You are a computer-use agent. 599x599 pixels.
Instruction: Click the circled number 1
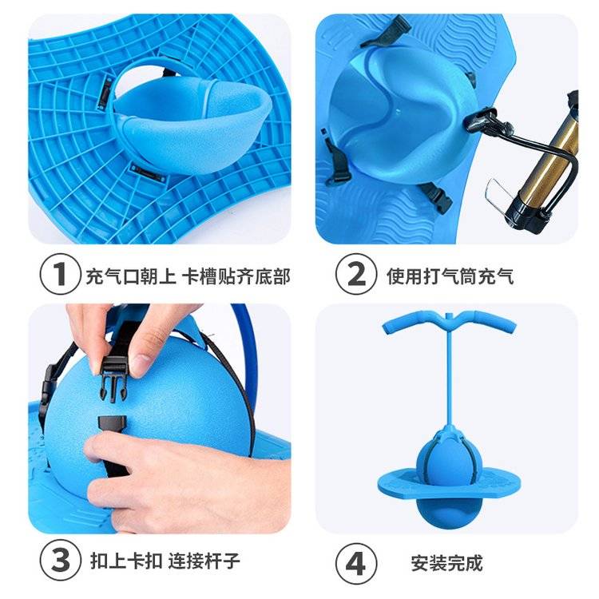(x=60, y=274)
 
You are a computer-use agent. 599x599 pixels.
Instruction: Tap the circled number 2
(x=356, y=274)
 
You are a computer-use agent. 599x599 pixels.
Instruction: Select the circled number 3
(x=61, y=561)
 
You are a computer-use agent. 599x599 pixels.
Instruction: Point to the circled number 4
(x=356, y=563)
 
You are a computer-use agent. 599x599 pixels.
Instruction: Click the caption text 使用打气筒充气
(x=450, y=276)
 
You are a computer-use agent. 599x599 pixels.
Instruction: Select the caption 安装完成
(x=446, y=563)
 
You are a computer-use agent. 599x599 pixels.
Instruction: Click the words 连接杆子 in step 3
(x=204, y=561)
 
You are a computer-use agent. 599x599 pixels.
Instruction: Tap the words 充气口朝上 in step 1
(x=131, y=276)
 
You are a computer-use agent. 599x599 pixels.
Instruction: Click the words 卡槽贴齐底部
(x=236, y=276)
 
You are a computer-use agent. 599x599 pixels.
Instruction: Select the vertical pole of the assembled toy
(x=449, y=375)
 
